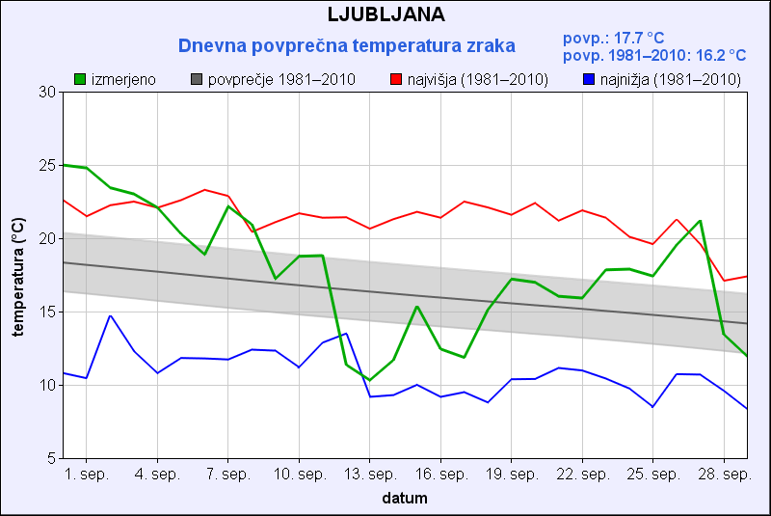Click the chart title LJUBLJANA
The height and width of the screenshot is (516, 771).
click(x=385, y=14)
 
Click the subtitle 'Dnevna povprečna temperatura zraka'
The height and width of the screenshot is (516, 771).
click(x=346, y=45)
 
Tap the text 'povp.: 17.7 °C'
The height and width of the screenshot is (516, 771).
click(x=613, y=38)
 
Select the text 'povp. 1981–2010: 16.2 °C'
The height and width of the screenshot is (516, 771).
click(x=653, y=56)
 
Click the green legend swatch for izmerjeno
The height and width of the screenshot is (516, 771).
click(x=80, y=79)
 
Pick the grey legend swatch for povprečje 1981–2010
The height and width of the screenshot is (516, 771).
click(x=197, y=79)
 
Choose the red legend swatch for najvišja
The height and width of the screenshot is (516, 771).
click(x=396, y=79)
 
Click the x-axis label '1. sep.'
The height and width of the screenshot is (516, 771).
click(x=87, y=475)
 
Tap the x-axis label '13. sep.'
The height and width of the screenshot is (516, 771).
click(x=369, y=475)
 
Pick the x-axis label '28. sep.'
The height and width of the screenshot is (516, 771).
click(x=724, y=475)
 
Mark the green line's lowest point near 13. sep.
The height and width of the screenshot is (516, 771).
click(x=369, y=380)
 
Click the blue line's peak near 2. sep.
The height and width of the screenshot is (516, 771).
click(x=110, y=315)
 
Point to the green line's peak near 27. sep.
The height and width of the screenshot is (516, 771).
click(x=700, y=221)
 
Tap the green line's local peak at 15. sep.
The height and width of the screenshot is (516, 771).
click(x=416, y=307)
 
